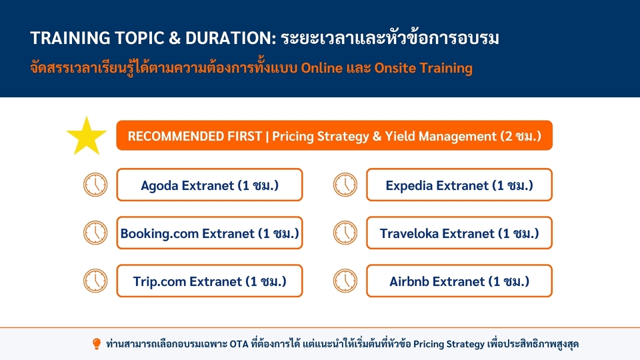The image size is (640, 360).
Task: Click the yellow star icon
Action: point(87,137)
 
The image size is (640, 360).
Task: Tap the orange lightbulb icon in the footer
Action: point(96,344)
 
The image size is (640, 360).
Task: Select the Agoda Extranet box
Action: point(209,185)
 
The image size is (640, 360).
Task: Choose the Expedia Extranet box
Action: point(459,185)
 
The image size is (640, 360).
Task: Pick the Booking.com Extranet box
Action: point(209,233)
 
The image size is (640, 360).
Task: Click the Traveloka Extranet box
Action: point(459,233)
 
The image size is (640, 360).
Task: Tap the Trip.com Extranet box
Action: point(209,281)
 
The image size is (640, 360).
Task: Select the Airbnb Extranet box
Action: point(459,281)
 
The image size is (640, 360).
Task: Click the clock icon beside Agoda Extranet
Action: point(95,185)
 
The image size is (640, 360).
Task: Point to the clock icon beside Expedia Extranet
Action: point(345,185)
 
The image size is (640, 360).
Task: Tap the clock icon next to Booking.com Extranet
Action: point(95,233)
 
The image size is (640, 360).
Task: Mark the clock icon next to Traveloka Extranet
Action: point(345,233)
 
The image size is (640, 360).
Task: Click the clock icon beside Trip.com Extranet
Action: point(95,281)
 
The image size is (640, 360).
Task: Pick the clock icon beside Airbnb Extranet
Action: point(345,281)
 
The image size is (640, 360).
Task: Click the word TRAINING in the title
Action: point(70,38)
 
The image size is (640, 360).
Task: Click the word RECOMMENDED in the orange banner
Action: point(174,136)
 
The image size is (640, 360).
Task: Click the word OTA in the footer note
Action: point(239,344)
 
